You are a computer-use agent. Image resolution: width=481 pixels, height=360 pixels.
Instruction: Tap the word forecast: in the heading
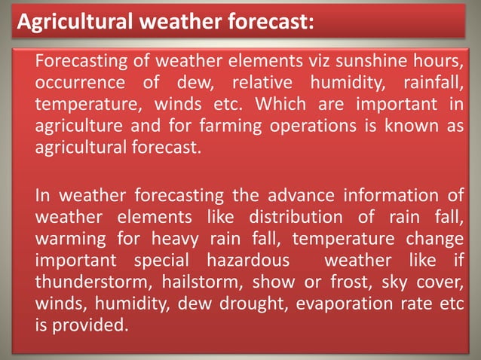[265, 23]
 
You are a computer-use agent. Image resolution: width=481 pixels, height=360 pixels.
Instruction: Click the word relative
[261, 81]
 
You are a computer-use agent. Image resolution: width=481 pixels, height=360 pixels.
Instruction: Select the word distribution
[283, 218]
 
